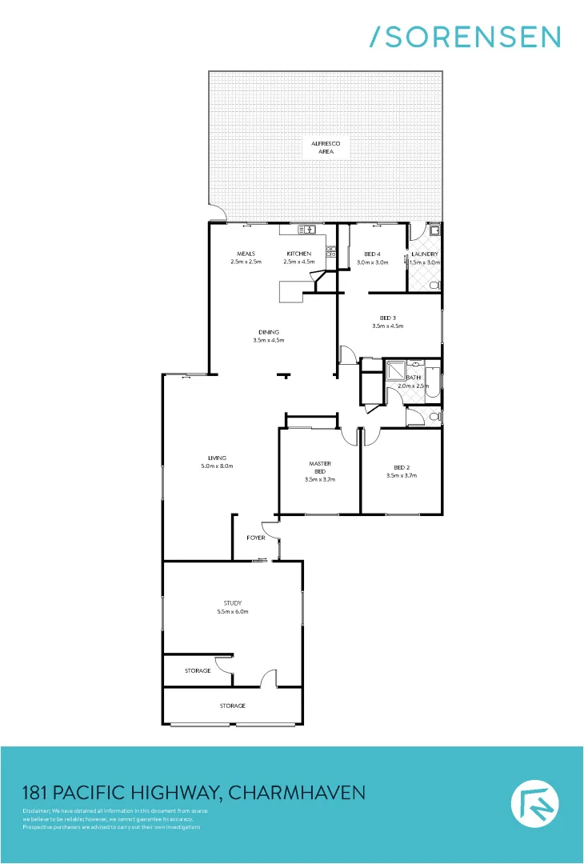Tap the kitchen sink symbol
pos(307,230)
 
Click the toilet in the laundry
pos(434,285)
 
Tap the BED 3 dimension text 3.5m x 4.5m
pos(388,326)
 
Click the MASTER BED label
pos(320,467)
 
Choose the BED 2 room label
pos(402,467)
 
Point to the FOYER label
pos(256,538)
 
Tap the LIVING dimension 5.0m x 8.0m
pos(216,466)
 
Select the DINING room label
pos(269,332)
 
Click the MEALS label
pos(246,254)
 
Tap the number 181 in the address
pos(34,793)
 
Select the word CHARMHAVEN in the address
pos(297,793)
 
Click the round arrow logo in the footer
pos(534,804)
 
